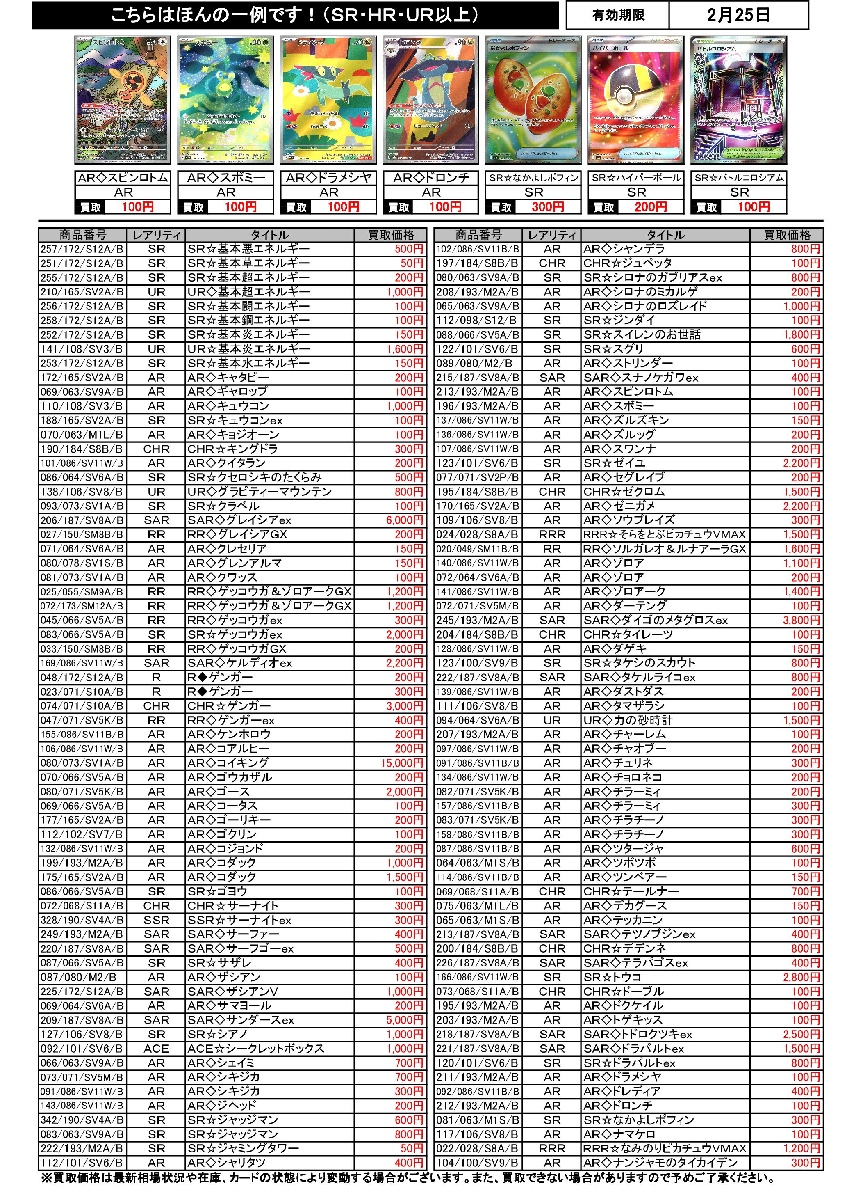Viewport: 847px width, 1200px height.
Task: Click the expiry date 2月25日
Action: pos(738,16)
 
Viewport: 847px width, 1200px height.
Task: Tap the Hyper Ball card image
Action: pos(635,101)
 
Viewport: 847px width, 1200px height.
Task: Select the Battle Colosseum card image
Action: pos(738,101)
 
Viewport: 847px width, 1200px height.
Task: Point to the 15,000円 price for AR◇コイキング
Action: pos(402,763)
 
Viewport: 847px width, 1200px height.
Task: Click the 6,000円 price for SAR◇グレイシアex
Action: pos(404,520)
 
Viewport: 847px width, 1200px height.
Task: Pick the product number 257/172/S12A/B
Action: pos(82,249)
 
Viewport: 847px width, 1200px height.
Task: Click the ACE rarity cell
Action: pos(156,1049)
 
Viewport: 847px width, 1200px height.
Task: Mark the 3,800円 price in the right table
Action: pos(801,621)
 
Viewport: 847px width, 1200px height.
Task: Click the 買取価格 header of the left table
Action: pos(391,235)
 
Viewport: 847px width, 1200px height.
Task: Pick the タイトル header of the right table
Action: pos(665,235)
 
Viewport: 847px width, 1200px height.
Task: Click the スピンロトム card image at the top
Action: pos(123,101)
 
